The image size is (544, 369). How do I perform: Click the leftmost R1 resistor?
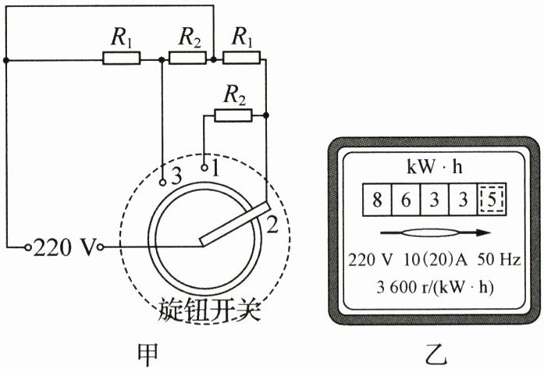pos(121,58)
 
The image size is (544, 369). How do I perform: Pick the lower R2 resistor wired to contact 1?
pos(233,115)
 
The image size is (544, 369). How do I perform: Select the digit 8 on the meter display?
pos(376,200)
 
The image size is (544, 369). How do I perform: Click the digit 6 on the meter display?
pos(405,200)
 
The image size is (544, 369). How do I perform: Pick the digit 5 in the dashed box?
pos(491,200)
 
